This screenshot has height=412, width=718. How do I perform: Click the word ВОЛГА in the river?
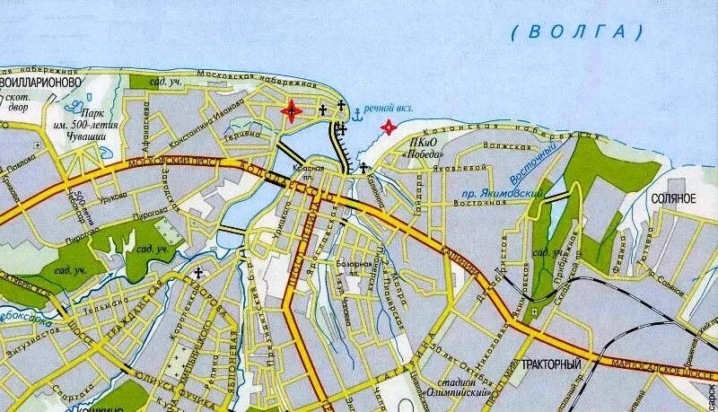(578, 32)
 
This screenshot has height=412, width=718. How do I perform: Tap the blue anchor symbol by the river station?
(356, 114)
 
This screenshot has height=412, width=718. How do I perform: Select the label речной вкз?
(389, 108)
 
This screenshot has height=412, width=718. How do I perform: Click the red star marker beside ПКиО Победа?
(389, 127)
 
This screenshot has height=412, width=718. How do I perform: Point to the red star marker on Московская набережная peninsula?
(291, 111)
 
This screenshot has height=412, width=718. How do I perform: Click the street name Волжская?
(503, 142)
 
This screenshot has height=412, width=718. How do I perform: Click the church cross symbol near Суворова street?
(197, 272)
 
